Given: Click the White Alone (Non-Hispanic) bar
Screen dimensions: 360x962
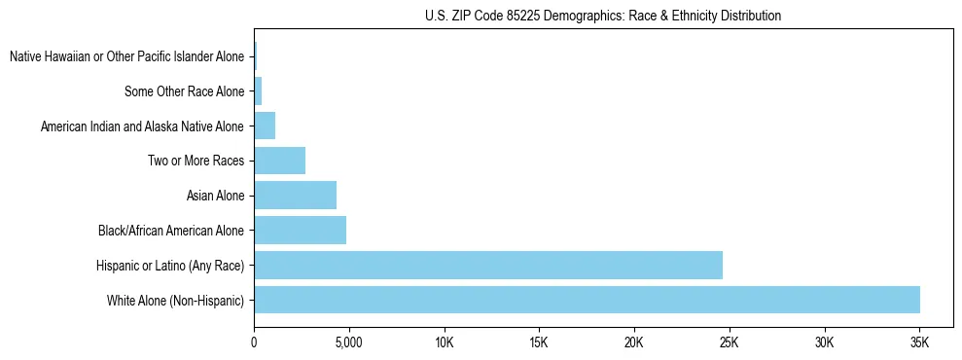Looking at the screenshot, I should point(587,300).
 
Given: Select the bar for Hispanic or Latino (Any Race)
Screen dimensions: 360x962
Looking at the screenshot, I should point(487,265).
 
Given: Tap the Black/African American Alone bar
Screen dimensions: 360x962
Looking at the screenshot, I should point(300,231).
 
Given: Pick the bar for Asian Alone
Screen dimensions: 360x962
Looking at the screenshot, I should point(295,196).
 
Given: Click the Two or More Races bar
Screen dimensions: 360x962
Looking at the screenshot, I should point(279,161).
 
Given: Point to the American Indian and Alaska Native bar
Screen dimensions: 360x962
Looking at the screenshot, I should point(265,126).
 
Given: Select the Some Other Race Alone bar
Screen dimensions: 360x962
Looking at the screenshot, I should point(258,91).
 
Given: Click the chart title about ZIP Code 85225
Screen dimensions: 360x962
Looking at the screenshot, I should point(603,16).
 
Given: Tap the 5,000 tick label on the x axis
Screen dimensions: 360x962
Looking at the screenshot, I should point(348,342).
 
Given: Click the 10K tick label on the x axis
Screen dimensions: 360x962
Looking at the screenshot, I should point(444,342).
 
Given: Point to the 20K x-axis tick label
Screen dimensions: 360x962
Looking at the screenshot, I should point(634,342).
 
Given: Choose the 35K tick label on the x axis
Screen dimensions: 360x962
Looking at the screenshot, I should point(919,342).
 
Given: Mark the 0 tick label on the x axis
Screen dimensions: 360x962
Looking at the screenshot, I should point(254,342).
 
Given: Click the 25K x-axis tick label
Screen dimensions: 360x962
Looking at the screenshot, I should point(729,342).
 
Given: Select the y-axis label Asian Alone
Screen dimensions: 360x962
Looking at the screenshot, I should point(215,197).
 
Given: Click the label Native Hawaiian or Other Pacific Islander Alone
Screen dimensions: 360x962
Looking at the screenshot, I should point(126,57).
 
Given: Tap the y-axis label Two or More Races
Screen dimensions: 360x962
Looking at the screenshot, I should point(196,162).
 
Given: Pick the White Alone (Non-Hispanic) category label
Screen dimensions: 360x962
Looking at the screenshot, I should point(176,301).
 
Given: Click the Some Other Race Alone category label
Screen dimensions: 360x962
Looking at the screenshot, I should point(185,92).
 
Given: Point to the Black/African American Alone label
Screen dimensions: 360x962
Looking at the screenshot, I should point(171,232).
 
